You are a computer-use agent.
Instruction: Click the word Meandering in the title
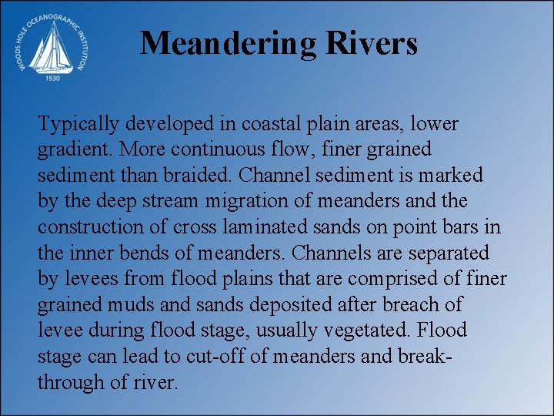tap(228, 43)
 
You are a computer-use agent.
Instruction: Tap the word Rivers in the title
tap(372, 43)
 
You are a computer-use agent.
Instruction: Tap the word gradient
tap(67, 149)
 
